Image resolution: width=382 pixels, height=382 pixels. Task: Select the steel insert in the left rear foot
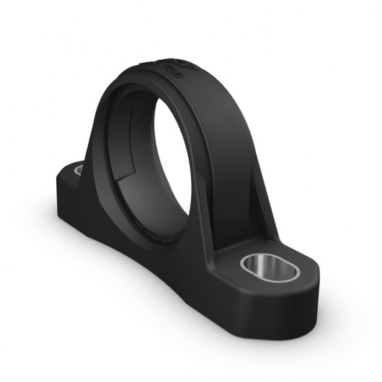coord(78,170)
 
